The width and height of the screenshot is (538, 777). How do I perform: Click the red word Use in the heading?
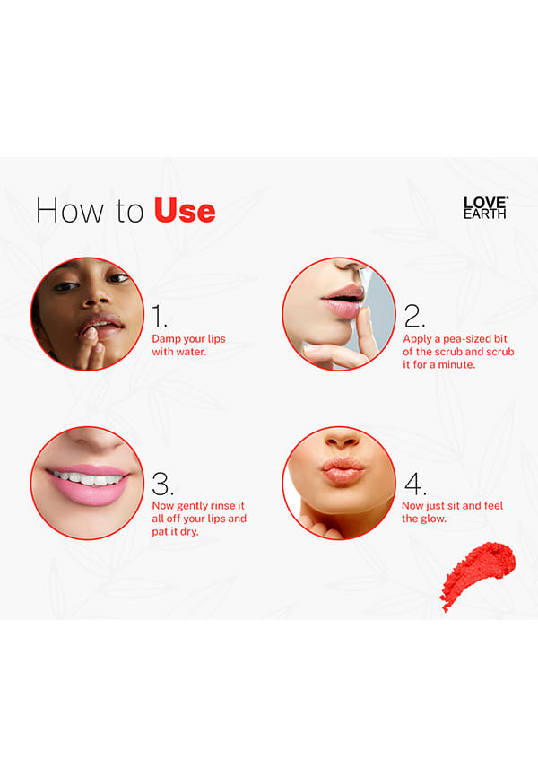coord(185,211)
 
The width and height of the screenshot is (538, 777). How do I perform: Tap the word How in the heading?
coord(70,211)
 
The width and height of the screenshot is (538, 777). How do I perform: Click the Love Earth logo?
coord(485,207)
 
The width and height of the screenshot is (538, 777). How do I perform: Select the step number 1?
coord(159,316)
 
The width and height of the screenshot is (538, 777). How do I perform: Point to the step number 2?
coord(414,316)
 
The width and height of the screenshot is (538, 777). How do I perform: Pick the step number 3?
coord(162,484)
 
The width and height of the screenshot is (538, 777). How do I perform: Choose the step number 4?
coord(415,484)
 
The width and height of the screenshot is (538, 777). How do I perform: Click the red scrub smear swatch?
coord(477,575)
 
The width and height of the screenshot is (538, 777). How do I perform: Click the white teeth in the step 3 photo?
coord(88,479)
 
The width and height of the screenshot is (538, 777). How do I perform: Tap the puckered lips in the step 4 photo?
coord(342,470)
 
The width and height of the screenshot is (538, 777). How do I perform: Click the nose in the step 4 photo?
coord(343,438)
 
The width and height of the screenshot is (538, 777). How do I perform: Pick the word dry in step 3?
coord(190,532)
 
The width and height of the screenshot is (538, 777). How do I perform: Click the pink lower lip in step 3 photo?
coord(89,493)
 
